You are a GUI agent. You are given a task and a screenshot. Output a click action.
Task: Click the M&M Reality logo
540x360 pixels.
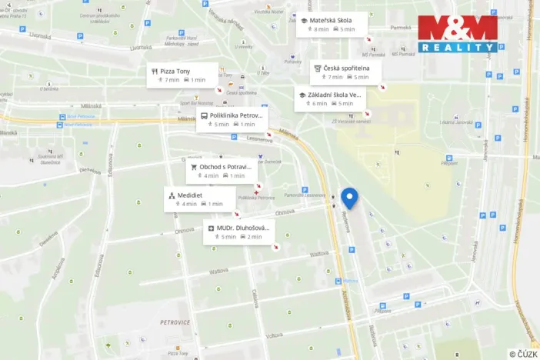tap(458, 34)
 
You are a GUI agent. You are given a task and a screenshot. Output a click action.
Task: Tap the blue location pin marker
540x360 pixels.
tap(349, 198)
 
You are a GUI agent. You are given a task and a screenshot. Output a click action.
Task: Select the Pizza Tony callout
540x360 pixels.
tap(182, 75)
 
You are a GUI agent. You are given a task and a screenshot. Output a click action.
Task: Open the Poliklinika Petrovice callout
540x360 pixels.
tap(232, 119)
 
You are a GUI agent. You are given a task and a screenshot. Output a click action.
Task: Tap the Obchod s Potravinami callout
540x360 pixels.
tap(221, 170)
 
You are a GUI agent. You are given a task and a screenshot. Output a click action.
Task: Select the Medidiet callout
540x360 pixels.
tap(198, 199)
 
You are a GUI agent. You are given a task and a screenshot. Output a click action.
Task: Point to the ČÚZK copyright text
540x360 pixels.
tap(522, 354)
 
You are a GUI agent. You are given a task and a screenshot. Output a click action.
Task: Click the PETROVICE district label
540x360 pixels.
tap(175, 322)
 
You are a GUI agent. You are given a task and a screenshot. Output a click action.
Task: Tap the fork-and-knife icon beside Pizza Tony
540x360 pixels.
tap(154, 71)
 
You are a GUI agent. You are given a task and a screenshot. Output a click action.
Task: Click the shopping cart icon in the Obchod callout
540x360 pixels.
tap(193, 166)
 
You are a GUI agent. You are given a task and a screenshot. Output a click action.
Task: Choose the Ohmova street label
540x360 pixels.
tap(185, 230)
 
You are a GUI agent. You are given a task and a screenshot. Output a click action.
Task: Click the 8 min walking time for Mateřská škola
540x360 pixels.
tap(317, 29)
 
